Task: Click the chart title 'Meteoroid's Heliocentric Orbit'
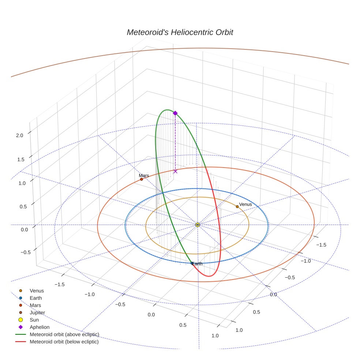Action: click(x=180, y=32)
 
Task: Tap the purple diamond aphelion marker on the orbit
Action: click(x=175, y=113)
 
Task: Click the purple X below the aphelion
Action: click(x=175, y=171)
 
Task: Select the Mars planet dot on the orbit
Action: click(x=142, y=179)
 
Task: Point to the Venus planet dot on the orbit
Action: click(x=237, y=207)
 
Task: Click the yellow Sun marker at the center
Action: click(x=198, y=225)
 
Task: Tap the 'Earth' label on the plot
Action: click(x=197, y=264)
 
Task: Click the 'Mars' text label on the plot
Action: click(x=144, y=176)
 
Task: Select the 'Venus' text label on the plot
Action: click(x=245, y=204)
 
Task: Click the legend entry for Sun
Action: click(x=34, y=320)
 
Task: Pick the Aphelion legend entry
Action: click(x=40, y=327)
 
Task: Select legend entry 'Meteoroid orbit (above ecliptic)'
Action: click(x=64, y=334)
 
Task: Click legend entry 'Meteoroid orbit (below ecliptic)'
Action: click(x=64, y=342)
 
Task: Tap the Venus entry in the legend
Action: click(x=37, y=290)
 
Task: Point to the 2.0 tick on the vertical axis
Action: click(x=19, y=135)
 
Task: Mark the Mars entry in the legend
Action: click(x=35, y=305)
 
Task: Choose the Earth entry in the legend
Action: click(x=35, y=298)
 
